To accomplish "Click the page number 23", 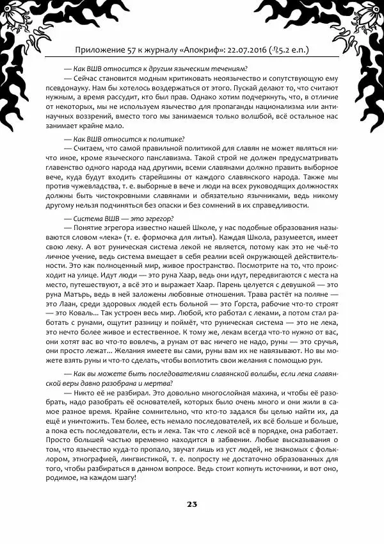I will click(x=192, y=504).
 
